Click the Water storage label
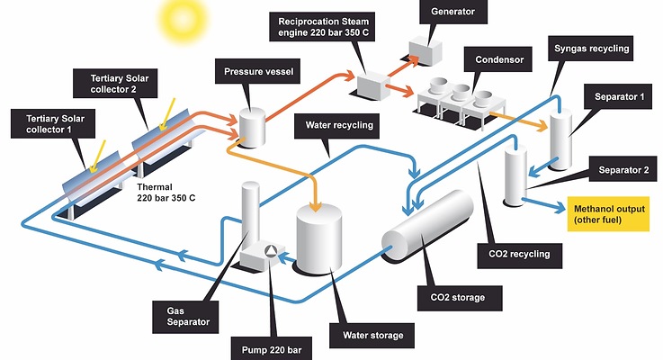(372, 337)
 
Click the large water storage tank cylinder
(319, 238)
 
